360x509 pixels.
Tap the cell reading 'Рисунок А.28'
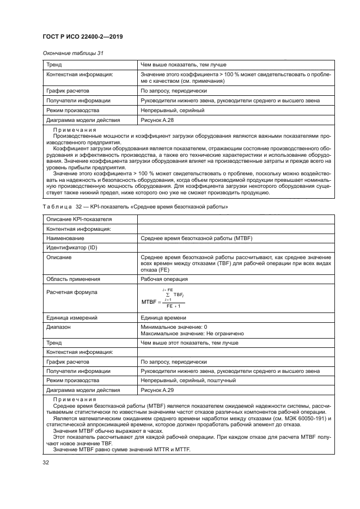(x=158, y=120)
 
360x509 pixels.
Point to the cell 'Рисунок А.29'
(x=158, y=390)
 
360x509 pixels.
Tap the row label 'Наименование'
(x=64, y=238)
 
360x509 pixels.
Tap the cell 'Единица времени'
(x=163, y=317)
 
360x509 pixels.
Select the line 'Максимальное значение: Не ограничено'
(x=192, y=333)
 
